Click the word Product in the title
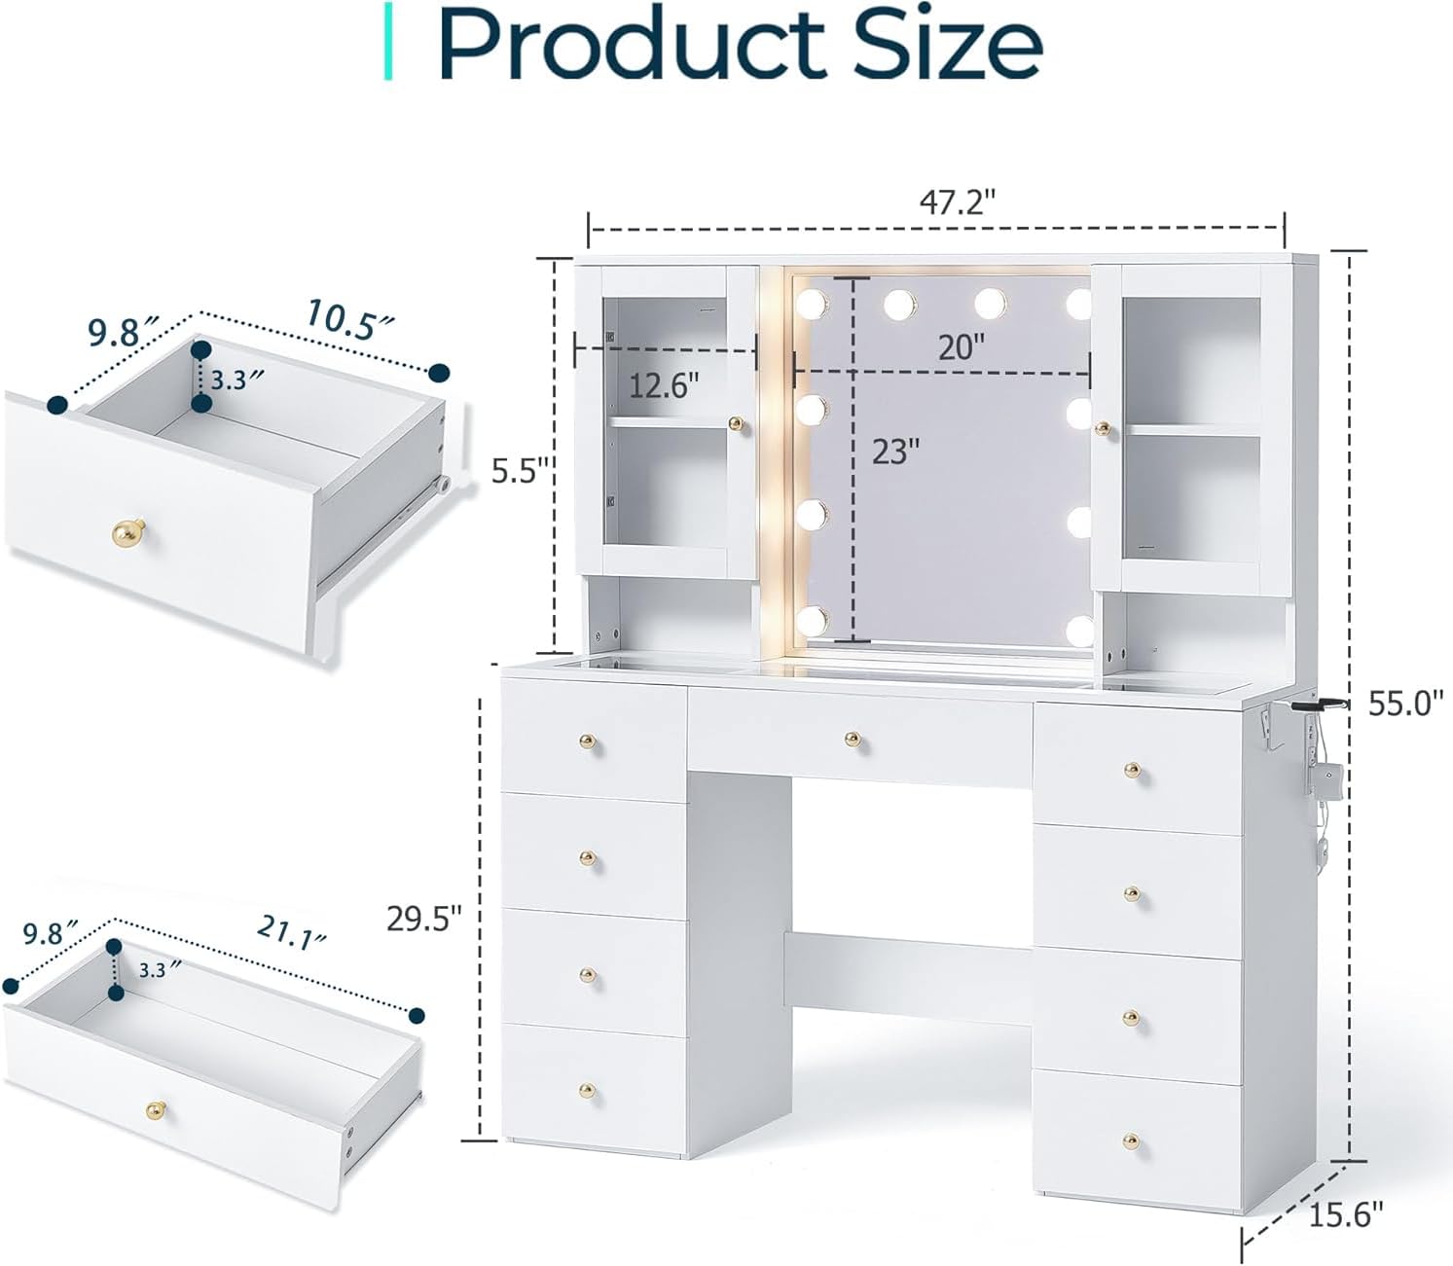632,44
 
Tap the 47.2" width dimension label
957,203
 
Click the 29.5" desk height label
424,919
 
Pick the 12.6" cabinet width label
664,386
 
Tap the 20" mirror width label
963,347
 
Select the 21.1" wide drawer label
292,933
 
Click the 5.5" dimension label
521,470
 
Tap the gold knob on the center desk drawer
853,741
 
